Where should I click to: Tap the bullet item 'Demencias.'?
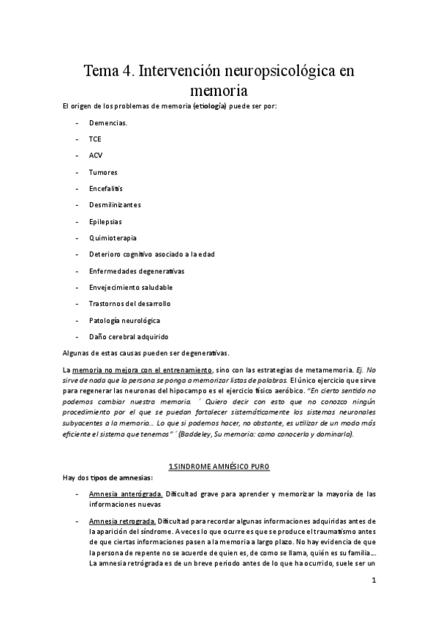(x=107, y=122)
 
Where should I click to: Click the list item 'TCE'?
(x=96, y=138)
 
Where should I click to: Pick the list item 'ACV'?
(x=96, y=155)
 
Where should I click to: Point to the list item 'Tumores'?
(x=103, y=172)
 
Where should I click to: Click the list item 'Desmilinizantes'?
(x=115, y=204)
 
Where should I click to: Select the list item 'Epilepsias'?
(x=105, y=221)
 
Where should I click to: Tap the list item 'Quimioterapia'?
(x=113, y=238)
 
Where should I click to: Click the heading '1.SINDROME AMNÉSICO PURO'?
(x=219, y=466)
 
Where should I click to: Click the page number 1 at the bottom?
(x=373, y=581)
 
